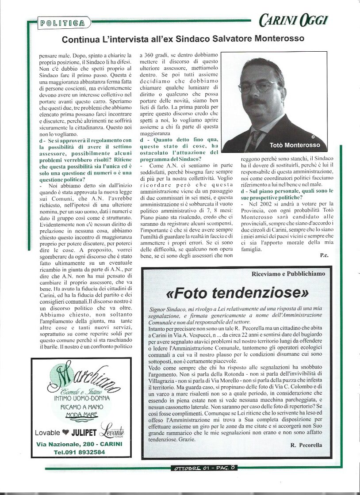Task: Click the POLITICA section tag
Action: click(64, 23)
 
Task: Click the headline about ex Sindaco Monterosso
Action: click(183, 39)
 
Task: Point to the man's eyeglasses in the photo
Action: click(259, 86)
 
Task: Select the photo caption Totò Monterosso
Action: click(295, 145)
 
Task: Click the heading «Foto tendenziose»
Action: click(237, 293)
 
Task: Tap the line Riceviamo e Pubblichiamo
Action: click(288, 274)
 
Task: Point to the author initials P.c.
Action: click(324, 255)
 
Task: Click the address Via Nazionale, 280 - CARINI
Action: click(79, 444)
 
